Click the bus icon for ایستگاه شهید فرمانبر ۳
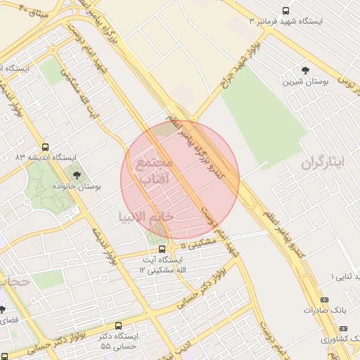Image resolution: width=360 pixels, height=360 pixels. [285, 11]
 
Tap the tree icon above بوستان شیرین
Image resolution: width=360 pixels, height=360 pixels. [305, 70]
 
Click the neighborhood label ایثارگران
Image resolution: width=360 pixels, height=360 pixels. [325, 163]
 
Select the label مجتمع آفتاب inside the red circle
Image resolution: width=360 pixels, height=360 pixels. [153, 171]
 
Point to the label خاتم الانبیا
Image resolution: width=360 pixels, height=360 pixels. [146, 217]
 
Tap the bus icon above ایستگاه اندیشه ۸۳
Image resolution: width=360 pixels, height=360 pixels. [46, 148]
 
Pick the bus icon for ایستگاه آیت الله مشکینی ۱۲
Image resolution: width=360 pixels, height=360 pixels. [162, 248]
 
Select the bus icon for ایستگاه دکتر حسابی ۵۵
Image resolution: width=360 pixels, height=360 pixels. [117, 326]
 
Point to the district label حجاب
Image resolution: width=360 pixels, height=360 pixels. [13, 281]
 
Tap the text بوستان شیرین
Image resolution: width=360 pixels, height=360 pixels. [305, 82]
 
